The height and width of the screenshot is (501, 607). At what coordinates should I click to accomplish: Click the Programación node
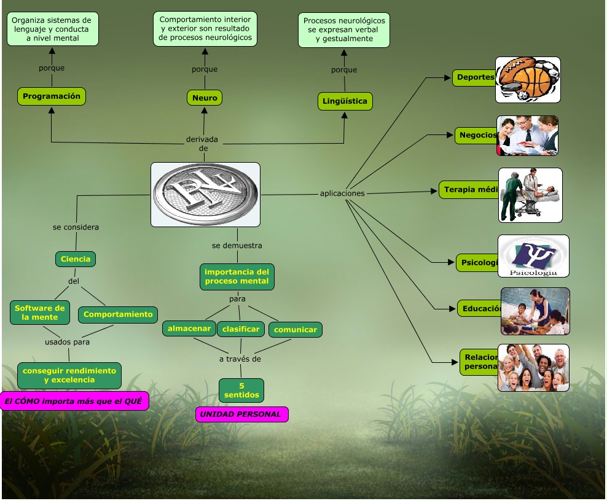coord(52,96)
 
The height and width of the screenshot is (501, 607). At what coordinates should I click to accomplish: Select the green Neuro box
coord(204,98)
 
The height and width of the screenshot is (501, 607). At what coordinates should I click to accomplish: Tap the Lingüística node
coord(345,101)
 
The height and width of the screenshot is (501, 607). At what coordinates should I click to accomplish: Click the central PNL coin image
coord(205,194)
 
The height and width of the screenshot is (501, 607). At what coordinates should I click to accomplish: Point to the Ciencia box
coord(76,259)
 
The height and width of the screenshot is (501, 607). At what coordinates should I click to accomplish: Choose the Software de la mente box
coord(40,313)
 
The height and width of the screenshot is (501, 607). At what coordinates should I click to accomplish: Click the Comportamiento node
coord(118,314)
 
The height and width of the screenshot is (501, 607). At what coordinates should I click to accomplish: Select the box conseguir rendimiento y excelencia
coord(69,375)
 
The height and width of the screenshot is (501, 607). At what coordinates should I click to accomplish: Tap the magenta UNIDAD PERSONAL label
coord(241,414)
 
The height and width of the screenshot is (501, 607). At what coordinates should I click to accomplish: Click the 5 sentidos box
coord(241,390)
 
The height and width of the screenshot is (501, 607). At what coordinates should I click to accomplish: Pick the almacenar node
coord(189,328)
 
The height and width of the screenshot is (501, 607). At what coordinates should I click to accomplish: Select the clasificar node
coord(241,329)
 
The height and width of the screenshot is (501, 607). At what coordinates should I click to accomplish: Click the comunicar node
coord(296,330)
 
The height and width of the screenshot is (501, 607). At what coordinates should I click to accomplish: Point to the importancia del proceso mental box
coord(237,276)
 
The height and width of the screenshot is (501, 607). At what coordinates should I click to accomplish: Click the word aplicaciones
coord(342,193)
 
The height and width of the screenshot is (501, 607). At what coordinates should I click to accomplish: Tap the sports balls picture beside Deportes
coord(528,80)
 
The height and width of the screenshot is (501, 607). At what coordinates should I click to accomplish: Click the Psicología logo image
coord(533,256)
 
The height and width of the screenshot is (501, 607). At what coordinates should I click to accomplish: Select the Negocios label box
coord(477,135)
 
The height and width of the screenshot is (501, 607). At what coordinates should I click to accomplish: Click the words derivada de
coord(202,144)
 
